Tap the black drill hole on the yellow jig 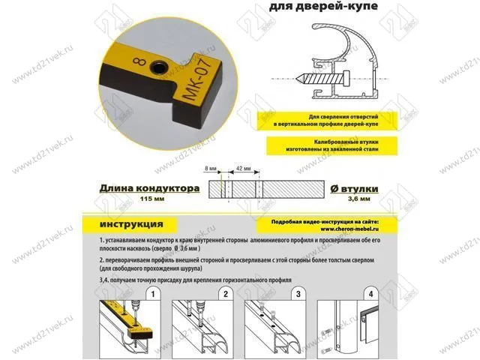(160, 67)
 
